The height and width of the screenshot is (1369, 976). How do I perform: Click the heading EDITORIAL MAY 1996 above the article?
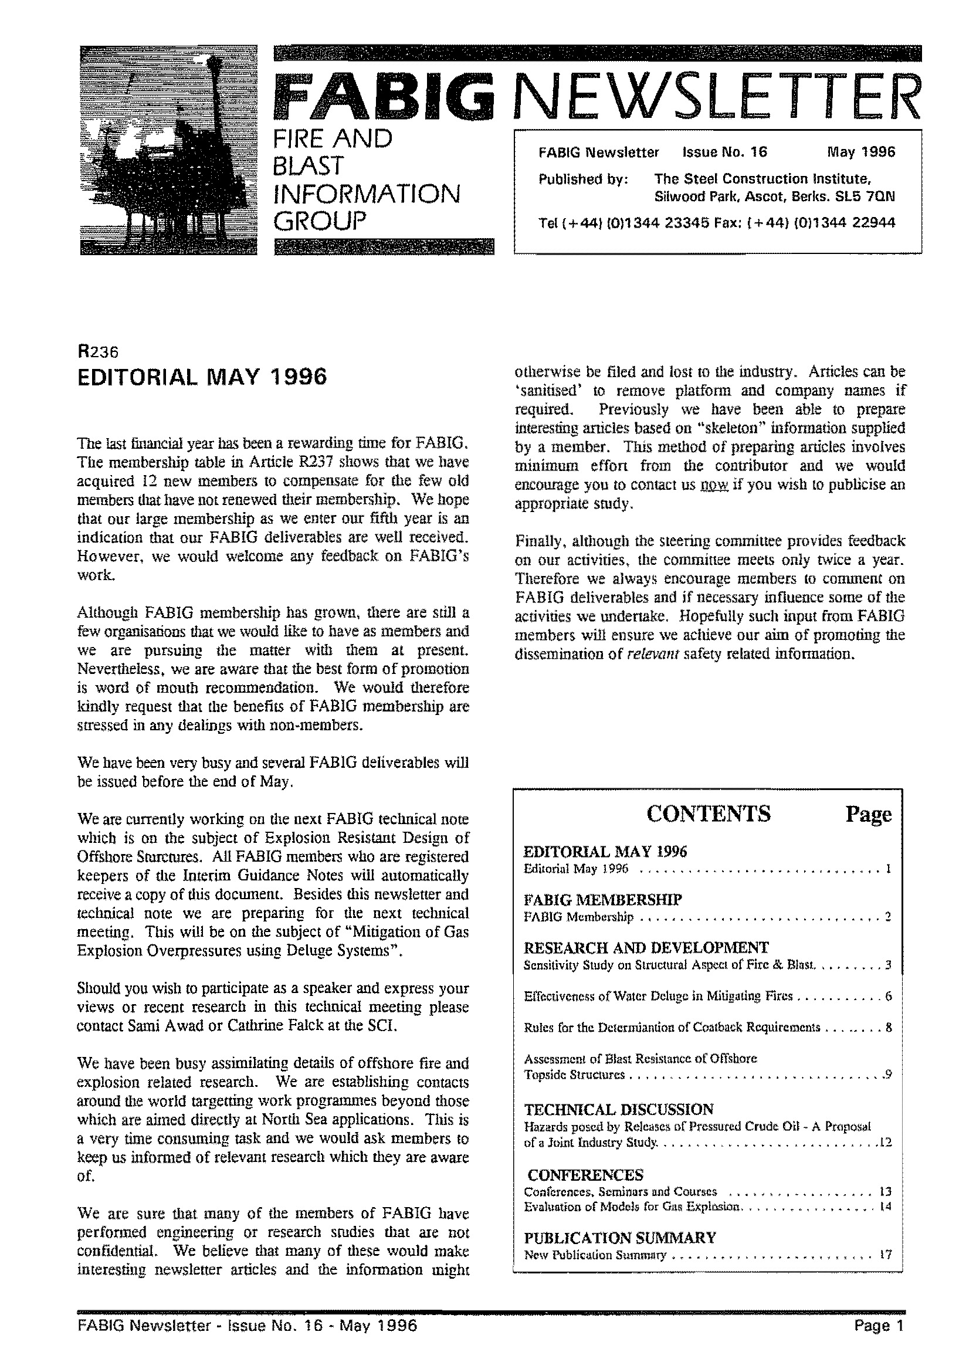(x=202, y=377)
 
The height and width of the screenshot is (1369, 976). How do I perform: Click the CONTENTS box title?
(x=709, y=814)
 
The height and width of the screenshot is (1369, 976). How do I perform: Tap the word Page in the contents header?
(x=868, y=814)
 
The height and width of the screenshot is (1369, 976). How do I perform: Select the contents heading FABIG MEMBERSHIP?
(x=603, y=900)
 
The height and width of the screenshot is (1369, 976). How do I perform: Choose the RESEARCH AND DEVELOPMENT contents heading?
(x=646, y=948)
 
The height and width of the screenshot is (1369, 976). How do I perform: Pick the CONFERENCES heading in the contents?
(x=585, y=1175)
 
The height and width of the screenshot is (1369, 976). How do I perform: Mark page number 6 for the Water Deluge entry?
(x=887, y=997)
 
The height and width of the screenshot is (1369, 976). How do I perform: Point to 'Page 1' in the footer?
(x=878, y=1326)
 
